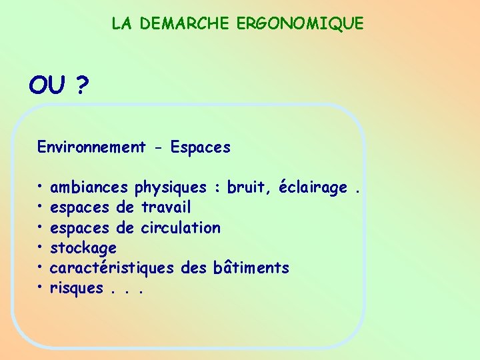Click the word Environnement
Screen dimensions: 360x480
point(91,147)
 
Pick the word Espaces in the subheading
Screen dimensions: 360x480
point(200,147)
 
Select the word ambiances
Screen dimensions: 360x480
point(90,188)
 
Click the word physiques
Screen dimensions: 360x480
point(171,189)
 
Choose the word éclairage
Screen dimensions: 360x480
point(313,189)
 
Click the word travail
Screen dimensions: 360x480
point(166,208)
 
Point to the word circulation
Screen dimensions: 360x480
point(180,228)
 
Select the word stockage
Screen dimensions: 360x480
point(83,249)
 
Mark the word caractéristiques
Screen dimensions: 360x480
point(113,269)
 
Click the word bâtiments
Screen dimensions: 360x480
point(251,268)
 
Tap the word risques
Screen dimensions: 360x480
point(77,289)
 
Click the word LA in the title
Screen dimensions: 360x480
point(121,24)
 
